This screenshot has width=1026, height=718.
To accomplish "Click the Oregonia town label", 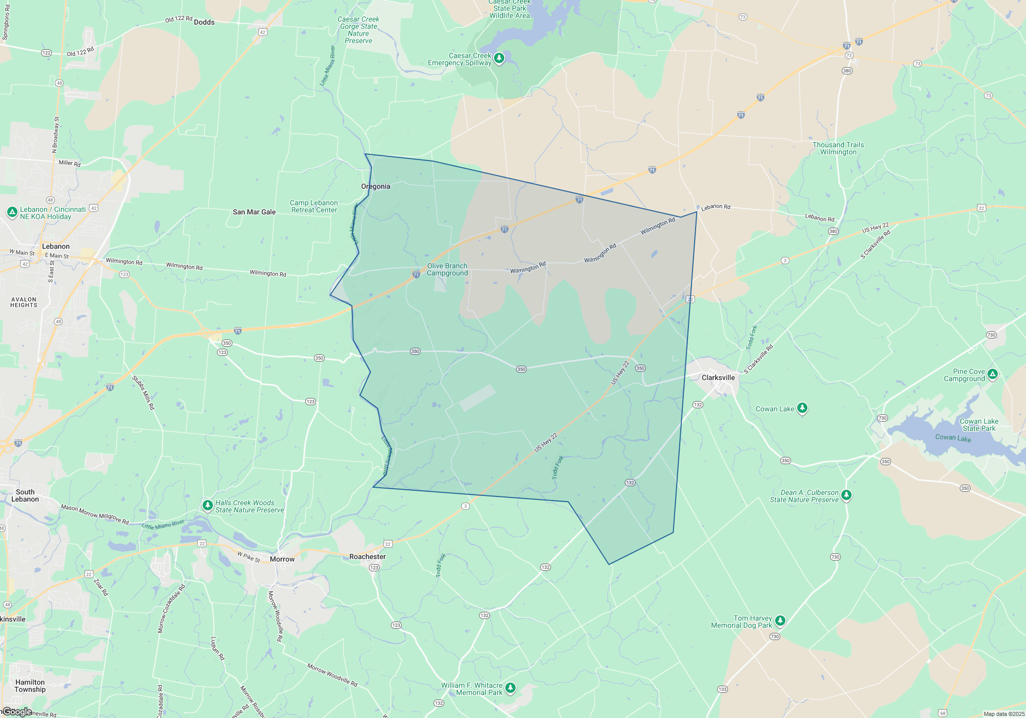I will [x=376, y=186].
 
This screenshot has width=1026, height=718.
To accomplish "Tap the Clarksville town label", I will [x=718, y=377].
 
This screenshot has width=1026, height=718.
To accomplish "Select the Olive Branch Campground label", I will [x=447, y=269].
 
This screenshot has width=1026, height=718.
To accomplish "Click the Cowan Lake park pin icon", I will [x=802, y=408].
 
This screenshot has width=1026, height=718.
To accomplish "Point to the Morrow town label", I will [x=282, y=559].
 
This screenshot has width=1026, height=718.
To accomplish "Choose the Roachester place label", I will [x=367, y=556].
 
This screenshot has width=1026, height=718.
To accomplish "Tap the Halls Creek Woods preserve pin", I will [x=207, y=505].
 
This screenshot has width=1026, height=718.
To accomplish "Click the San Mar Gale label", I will [x=254, y=212].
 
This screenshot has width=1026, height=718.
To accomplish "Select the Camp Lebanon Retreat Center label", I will [x=314, y=206].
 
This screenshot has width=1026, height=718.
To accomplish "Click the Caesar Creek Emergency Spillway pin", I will [x=499, y=57].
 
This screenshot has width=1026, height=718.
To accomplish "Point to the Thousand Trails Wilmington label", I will [x=838, y=148].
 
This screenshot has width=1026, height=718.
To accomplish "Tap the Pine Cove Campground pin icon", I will [x=993, y=373].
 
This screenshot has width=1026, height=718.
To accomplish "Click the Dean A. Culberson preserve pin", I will [x=846, y=495].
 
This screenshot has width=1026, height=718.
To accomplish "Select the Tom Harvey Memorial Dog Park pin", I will [x=780, y=621].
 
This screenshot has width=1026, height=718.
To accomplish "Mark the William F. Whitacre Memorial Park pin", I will [x=510, y=687].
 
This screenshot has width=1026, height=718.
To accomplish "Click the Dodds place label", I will [x=204, y=22].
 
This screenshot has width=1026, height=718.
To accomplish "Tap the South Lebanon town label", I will [x=25, y=495].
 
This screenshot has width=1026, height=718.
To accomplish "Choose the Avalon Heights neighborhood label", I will [x=24, y=302].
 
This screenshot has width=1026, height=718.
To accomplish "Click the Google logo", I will [x=17, y=712].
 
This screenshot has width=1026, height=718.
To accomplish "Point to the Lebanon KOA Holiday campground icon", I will [x=12, y=212].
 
